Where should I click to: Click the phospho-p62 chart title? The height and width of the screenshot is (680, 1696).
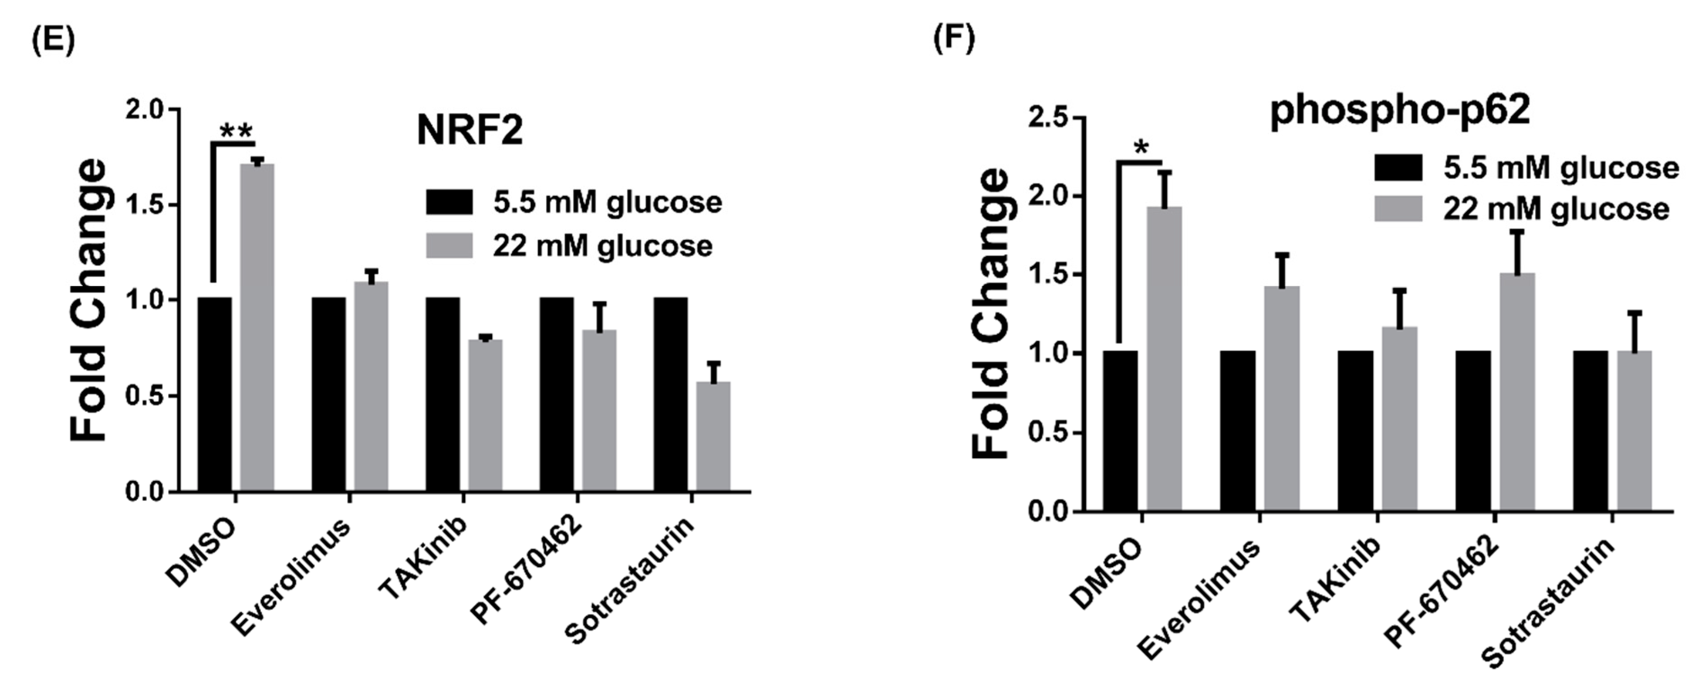click(1400, 110)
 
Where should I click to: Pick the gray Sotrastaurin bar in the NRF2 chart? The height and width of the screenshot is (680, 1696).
click(713, 436)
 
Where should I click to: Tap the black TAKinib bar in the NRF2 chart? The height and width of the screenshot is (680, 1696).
click(442, 394)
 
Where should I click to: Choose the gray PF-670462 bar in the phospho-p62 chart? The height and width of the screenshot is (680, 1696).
click(1517, 392)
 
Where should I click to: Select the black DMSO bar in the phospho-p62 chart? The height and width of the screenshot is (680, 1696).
click(1121, 431)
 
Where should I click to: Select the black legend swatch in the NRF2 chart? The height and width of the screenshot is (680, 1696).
click(449, 202)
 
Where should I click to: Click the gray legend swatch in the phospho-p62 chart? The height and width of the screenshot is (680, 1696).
click(1398, 209)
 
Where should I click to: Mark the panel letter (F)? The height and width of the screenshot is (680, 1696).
click(954, 40)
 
